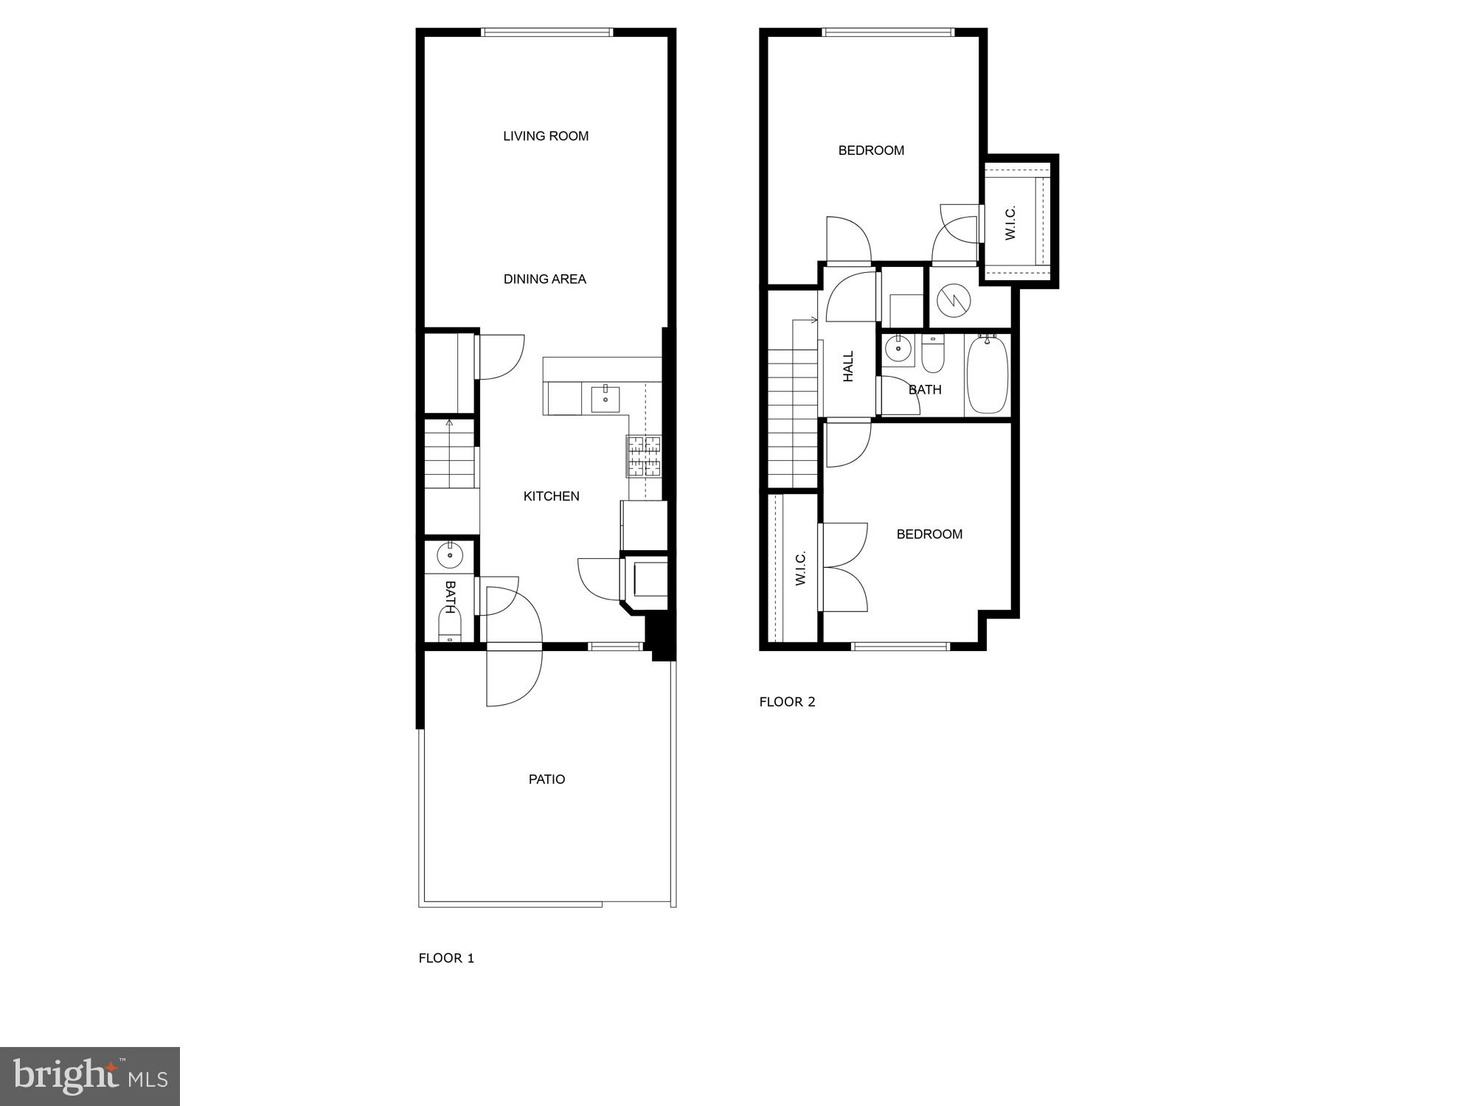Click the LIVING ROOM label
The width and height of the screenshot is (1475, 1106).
click(x=546, y=136)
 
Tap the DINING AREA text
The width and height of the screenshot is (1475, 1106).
click(x=545, y=279)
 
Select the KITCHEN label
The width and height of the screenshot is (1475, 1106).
click(x=552, y=496)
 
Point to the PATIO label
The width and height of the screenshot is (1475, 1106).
click(x=547, y=779)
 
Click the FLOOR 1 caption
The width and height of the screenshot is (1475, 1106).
click(x=446, y=958)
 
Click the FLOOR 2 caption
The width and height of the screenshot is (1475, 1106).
click(x=788, y=702)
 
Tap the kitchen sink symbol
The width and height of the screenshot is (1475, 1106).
click(x=605, y=399)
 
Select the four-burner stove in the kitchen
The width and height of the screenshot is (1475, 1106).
click(x=644, y=456)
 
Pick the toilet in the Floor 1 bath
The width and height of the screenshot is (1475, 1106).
click(x=449, y=623)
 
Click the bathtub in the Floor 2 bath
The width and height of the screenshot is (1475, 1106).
click(x=988, y=375)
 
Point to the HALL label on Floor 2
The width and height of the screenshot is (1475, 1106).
click(x=848, y=366)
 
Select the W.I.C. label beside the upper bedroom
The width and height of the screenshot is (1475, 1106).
click(x=1010, y=222)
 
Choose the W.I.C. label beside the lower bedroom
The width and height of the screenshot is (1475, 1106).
click(x=801, y=568)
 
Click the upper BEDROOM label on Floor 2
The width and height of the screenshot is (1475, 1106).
click(x=871, y=151)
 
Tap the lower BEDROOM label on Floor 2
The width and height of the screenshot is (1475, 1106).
click(x=929, y=535)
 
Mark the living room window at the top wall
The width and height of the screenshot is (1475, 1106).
click(x=546, y=32)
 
